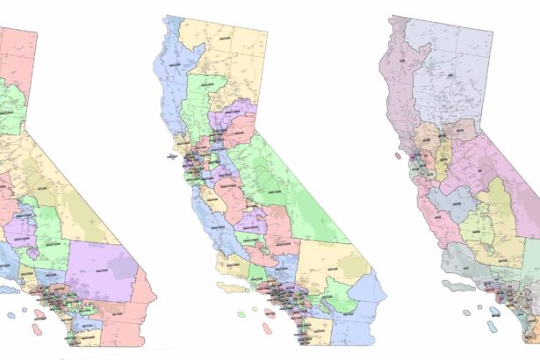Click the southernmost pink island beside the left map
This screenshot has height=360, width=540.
tap(38, 331)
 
